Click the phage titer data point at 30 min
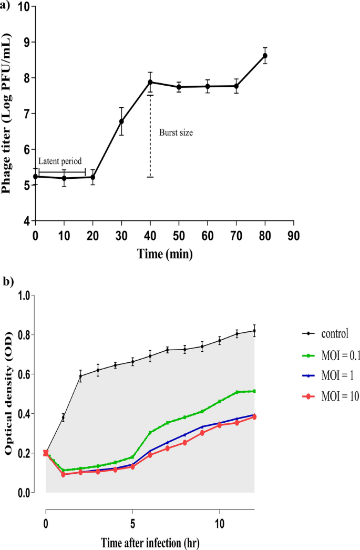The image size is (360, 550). (121, 121)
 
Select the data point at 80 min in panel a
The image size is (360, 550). (265, 56)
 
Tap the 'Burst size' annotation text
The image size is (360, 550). (176, 133)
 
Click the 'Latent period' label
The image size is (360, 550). (59, 161)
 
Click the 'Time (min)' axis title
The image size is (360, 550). (164, 254)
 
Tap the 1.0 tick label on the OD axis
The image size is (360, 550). (24, 296)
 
